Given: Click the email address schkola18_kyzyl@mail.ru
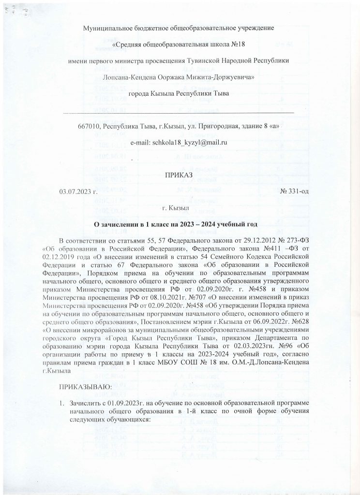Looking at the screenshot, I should [190, 143].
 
